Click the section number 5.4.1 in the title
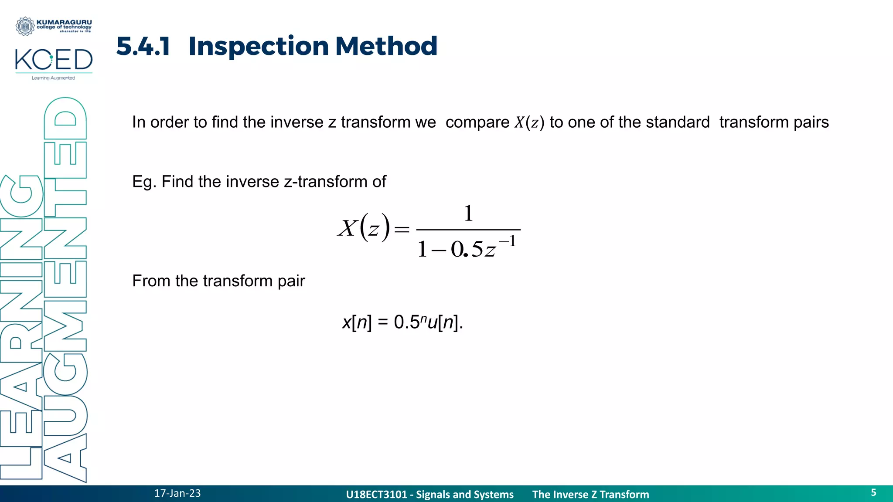143,46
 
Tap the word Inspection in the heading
259,46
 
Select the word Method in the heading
386,46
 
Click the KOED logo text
54,60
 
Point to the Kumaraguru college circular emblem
25,26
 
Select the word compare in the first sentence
477,122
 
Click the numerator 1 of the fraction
468,214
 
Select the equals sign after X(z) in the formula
402,229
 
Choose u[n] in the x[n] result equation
443,322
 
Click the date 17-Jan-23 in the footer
177,493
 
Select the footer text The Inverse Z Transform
590,495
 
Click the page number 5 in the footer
873,492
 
